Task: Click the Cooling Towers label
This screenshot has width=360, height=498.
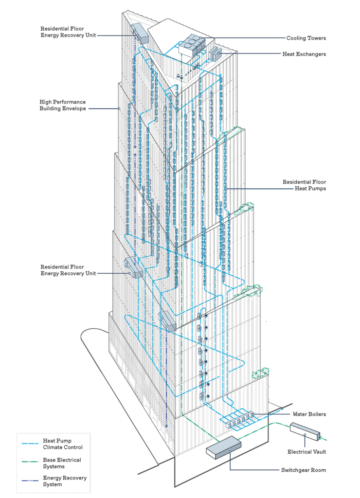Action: pyautogui.click(x=306, y=38)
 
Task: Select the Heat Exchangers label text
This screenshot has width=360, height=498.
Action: pyautogui.click(x=304, y=54)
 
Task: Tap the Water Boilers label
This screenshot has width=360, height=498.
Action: pyautogui.click(x=309, y=414)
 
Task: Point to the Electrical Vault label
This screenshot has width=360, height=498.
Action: pyautogui.click(x=306, y=452)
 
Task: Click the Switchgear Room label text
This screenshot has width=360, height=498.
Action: pyautogui.click(x=304, y=470)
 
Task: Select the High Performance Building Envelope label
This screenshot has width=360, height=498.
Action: pyautogui.click(x=63, y=105)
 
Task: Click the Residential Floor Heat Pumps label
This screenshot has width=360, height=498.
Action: pyautogui.click(x=304, y=185)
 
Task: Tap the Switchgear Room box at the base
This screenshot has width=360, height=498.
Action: pyautogui.click(x=224, y=447)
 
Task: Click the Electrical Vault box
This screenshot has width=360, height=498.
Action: pyautogui.click(x=305, y=431)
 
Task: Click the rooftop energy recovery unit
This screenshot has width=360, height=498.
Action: pyautogui.click(x=140, y=33)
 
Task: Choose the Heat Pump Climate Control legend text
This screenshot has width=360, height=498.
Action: pyautogui.click(x=63, y=444)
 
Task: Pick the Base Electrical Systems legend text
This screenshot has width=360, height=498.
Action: pyautogui.click(x=62, y=463)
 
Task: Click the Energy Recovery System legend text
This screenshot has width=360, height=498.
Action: pyautogui.click(x=65, y=481)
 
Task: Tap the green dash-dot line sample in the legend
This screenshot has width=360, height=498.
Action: pyautogui.click(x=30, y=462)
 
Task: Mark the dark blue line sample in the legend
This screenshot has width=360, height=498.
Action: pyautogui.click(x=30, y=480)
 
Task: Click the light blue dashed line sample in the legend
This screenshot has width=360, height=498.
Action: pyautogui.click(x=30, y=444)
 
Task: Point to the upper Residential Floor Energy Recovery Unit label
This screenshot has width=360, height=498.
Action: pyautogui.click(x=68, y=32)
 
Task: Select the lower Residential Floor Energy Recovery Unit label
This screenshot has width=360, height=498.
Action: pyautogui.click(x=68, y=270)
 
